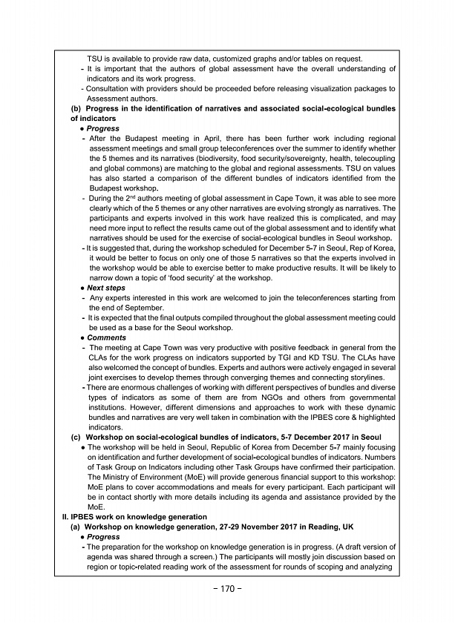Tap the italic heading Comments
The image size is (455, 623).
106,337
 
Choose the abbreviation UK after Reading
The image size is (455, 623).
370,526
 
